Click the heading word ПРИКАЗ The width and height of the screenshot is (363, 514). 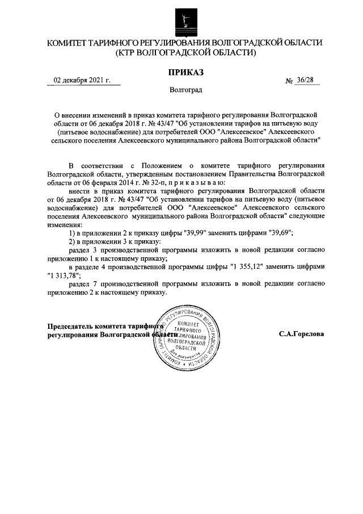(x=184, y=72)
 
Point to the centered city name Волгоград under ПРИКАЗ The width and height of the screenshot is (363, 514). (x=184, y=90)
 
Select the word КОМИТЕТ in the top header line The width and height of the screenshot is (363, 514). (x=71, y=43)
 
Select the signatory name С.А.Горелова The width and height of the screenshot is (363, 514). (x=301, y=335)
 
